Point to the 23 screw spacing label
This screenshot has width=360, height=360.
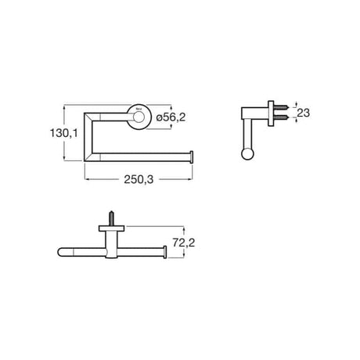pos(304,113)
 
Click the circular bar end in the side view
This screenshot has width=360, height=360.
pos(249,153)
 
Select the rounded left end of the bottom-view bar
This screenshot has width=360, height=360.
pos(63,253)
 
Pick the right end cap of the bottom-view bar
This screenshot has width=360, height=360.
pos(164,253)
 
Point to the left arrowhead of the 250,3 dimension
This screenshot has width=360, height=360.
pos(87,178)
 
